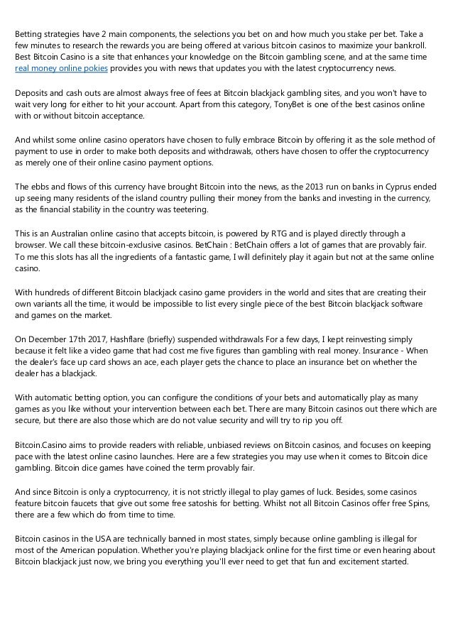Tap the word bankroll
click(x=416, y=45)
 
